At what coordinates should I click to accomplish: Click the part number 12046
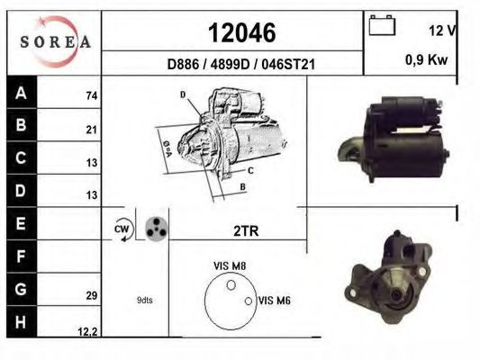coord(242,33)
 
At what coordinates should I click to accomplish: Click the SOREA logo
coord(56,42)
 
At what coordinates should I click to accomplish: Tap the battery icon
coord(382,25)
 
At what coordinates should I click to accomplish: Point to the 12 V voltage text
coord(443,31)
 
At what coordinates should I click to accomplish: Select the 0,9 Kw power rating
coord(427,59)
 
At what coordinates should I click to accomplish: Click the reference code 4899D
coord(231,65)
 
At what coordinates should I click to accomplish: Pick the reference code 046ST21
coord(288,65)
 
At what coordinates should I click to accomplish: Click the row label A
coord(21,93)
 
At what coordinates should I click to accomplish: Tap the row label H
coord(21,322)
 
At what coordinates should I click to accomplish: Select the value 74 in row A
coord(92,96)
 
